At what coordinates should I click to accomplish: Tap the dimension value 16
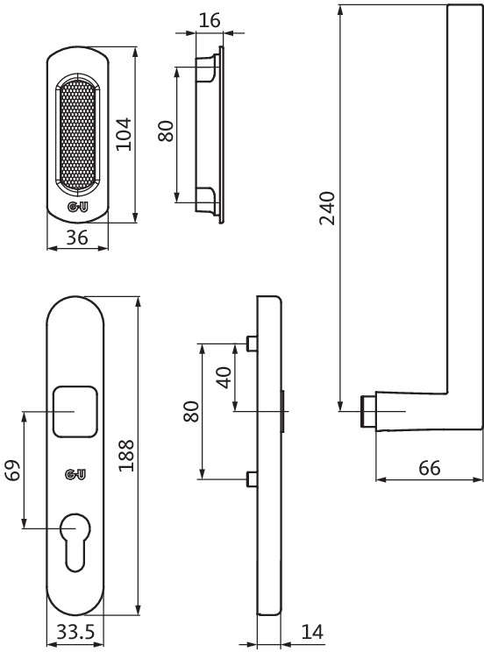(208, 20)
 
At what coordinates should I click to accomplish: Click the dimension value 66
(429, 467)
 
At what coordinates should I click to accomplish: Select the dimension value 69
(12, 472)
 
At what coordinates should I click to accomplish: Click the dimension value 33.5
(76, 631)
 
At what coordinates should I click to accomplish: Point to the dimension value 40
(224, 377)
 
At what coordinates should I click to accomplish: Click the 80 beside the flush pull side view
(167, 133)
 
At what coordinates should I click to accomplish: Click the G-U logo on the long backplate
(76, 475)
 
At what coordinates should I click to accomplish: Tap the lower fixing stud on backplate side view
(252, 478)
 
